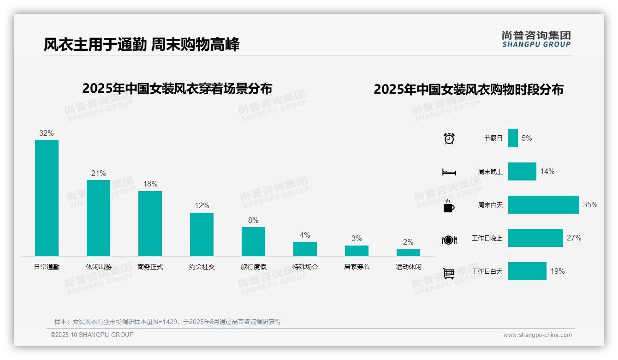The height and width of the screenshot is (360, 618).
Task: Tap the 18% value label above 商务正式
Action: pyautogui.click(x=150, y=184)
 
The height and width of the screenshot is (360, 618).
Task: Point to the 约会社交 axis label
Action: pyautogui.click(x=202, y=267)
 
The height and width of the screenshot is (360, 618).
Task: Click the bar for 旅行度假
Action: pyautogui.click(x=253, y=241)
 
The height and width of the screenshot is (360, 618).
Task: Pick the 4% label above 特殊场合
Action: pyautogui.click(x=305, y=235)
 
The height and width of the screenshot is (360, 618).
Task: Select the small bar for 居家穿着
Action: pyautogui.click(x=357, y=251)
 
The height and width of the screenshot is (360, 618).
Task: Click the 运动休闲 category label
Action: pyautogui.click(x=408, y=267)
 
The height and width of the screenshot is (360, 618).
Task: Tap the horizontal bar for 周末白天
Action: pyautogui.click(x=543, y=204)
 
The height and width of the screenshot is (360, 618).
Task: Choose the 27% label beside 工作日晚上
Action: pyautogui.click(x=574, y=238)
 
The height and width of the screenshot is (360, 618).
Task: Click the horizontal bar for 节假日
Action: pyautogui.click(x=513, y=138)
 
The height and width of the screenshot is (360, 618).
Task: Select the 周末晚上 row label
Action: pyautogui.click(x=490, y=172)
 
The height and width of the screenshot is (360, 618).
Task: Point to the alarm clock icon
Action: pyautogui.click(x=449, y=138)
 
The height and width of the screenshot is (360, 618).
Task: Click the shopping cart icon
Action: pyautogui.click(x=449, y=274)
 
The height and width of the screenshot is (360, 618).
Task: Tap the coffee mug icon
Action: pyautogui.click(x=449, y=206)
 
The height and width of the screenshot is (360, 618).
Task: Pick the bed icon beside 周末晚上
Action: pyautogui.click(x=449, y=172)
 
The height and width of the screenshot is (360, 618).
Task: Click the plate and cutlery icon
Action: pyautogui.click(x=449, y=240)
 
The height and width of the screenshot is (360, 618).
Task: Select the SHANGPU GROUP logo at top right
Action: pyautogui.click(x=536, y=39)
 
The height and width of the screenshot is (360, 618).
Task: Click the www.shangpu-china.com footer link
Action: pyautogui.click(x=537, y=335)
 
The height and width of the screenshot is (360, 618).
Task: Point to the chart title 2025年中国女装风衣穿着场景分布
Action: pyautogui.click(x=177, y=88)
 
